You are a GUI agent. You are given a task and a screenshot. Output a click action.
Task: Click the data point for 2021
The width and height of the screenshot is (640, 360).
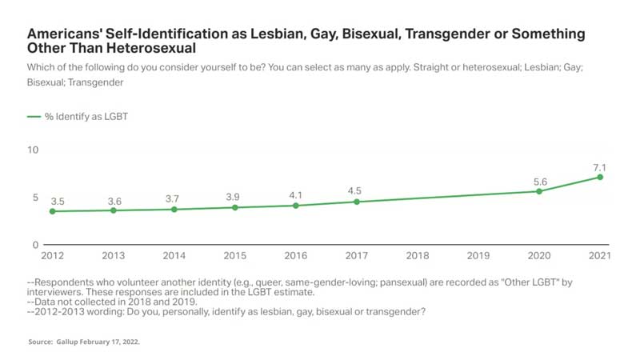(x=600, y=177)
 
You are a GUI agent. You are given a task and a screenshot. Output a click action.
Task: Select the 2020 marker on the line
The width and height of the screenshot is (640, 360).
(x=539, y=191)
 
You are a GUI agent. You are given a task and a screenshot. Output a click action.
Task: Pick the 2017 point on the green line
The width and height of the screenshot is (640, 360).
(x=357, y=202)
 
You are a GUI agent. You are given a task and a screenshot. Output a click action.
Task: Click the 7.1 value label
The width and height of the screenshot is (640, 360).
(x=600, y=166)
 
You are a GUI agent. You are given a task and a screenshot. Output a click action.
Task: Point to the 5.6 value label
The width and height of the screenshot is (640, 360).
(x=539, y=180)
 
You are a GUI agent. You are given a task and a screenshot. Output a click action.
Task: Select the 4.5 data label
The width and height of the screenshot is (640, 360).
(x=357, y=190)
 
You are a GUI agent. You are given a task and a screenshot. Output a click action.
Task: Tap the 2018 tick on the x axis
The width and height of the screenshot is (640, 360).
(x=418, y=256)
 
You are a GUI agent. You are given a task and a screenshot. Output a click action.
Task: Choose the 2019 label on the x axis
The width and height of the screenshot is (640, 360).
(x=478, y=256)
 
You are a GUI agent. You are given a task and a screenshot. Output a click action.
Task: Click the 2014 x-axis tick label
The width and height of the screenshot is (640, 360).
(x=174, y=256)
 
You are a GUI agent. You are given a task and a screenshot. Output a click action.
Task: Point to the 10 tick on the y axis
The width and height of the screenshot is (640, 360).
(x=33, y=150)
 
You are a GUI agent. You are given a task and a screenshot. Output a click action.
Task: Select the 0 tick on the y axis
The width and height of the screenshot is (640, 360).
(x=35, y=244)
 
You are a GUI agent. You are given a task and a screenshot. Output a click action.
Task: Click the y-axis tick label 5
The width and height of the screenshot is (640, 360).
(x=35, y=197)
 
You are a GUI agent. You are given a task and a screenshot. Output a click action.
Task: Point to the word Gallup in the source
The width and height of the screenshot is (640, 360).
(x=78, y=342)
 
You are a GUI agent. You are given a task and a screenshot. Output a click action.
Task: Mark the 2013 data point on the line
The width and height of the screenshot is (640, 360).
(x=114, y=210)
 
